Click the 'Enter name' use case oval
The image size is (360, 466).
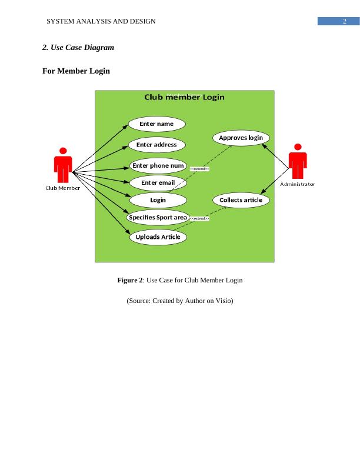(x=156, y=124)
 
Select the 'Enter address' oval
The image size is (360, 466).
(x=156, y=145)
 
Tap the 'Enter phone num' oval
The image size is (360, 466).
(x=158, y=165)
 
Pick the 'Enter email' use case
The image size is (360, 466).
(x=158, y=183)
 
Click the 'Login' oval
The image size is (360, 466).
(x=158, y=200)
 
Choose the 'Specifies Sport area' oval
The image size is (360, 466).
(x=158, y=218)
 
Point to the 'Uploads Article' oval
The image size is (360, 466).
(x=158, y=237)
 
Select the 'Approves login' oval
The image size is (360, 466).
(x=241, y=138)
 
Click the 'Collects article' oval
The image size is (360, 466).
(x=241, y=200)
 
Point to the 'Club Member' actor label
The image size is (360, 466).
(x=63, y=188)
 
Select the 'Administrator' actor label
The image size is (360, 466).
(x=298, y=184)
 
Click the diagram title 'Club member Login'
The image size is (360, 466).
(x=184, y=97)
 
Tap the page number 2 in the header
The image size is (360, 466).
(x=344, y=21)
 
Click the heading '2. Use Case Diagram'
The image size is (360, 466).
(x=78, y=47)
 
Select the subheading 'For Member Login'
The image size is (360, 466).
(x=76, y=71)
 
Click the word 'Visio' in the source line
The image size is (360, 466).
(x=222, y=301)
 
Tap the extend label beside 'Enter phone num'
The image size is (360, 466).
(x=200, y=169)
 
